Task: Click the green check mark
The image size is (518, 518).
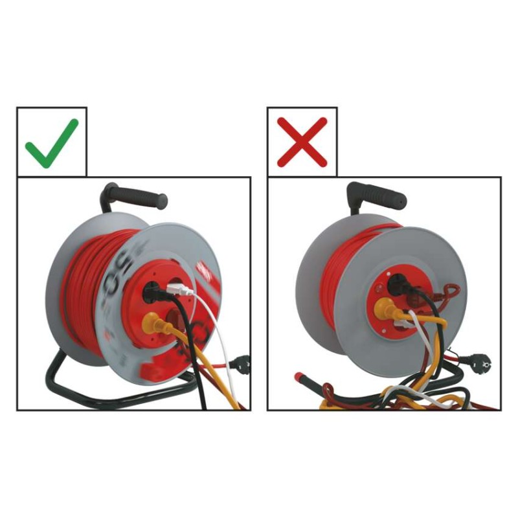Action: point(52,142)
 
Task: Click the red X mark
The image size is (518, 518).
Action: point(302,142)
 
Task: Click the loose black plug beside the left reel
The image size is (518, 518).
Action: point(243,365)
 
